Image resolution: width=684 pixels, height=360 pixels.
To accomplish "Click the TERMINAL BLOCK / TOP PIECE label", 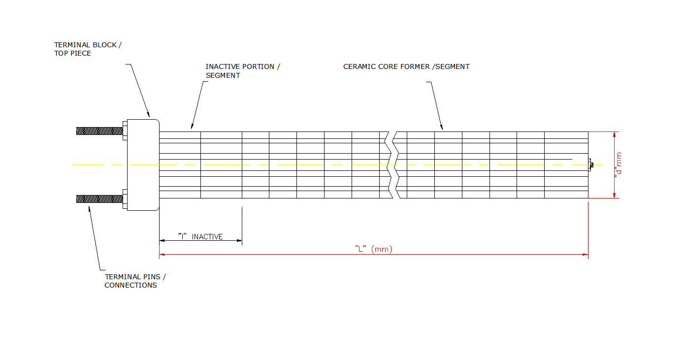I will tap(87, 49).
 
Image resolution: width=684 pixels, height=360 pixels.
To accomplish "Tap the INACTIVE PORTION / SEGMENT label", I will tap(242, 70).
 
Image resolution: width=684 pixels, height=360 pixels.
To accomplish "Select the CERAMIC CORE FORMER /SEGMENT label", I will tap(406, 66).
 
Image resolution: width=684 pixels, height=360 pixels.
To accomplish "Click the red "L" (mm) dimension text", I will tap(373, 249).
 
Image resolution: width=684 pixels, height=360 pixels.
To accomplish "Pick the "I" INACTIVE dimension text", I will tap(200, 237).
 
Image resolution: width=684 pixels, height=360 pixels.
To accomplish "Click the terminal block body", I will tap(143, 164).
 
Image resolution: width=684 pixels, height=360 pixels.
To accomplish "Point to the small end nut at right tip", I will tap(590, 164).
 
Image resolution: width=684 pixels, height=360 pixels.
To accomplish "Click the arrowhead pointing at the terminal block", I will tap(149, 115).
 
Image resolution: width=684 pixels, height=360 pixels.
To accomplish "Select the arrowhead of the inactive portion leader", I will tap(192, 127).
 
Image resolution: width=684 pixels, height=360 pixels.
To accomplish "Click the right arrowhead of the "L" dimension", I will tap(586, 255).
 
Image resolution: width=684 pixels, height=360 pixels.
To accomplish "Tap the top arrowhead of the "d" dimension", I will tap(615, 134).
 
